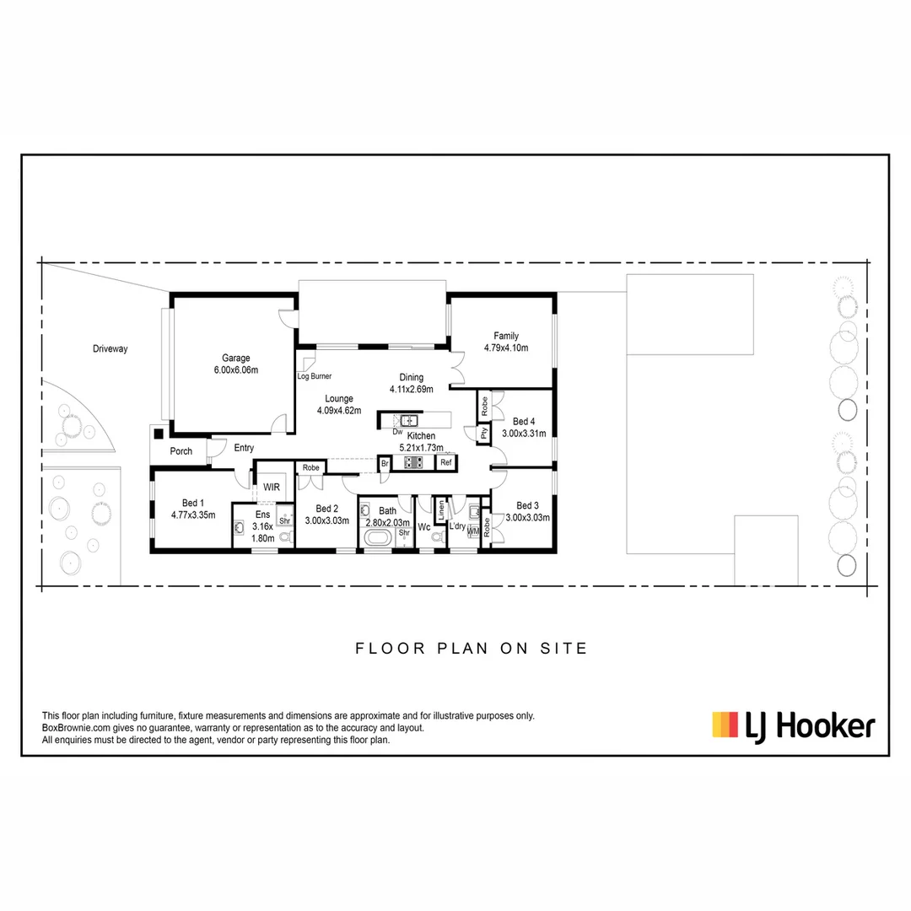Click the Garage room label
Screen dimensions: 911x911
click(236, 358)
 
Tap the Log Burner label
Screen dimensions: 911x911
click(315, 376)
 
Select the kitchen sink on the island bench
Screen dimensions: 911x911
click(409, 419)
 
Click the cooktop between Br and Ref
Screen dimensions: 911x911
click(414, 462)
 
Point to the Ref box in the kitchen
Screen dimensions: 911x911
click(446, 462)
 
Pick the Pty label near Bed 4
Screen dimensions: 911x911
click(484, 434)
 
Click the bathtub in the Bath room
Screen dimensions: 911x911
click(377, 538)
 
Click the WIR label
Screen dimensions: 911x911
click(272, 487)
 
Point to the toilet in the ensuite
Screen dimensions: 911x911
click(284, 536)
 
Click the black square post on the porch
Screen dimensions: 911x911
click(158, 434)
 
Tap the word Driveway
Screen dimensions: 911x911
click(111, 348)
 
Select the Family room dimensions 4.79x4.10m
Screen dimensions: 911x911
click(506, 348)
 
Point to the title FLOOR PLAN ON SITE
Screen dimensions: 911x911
click(471, 649)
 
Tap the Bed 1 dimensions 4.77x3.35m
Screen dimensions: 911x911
click(193, 515)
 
